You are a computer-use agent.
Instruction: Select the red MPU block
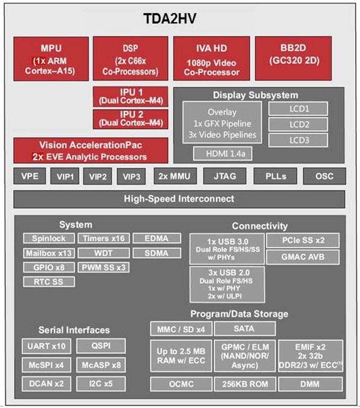coord(50,58)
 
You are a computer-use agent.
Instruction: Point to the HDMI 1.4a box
coord(222,154)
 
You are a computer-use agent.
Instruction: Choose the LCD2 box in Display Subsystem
coord(298,124)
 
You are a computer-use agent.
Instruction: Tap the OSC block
coord(324,176)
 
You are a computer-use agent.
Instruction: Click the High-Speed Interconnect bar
coord(179,199)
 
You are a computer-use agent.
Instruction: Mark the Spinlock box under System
coord(49,239)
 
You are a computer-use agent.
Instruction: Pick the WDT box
coord(104,253)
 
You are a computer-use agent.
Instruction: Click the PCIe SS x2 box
coord(303,240)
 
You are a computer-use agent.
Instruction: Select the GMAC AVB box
coord(303,257)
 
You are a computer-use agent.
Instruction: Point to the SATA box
coord(245,329)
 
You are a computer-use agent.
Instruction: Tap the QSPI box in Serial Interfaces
coord(101,346)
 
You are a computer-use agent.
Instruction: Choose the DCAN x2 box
coord(46,383)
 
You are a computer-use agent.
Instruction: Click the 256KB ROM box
coord(245,384)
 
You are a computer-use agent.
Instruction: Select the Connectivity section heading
coord(260,226)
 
